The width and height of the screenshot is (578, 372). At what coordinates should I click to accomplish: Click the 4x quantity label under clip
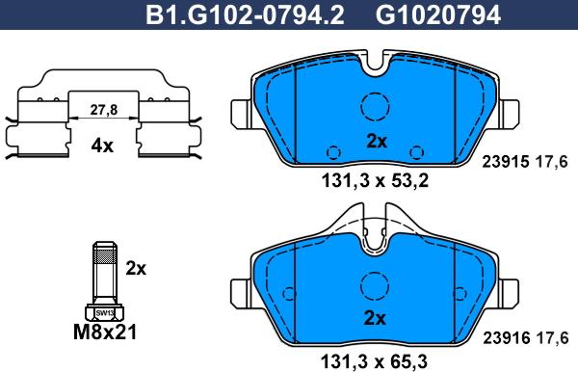[102, 146]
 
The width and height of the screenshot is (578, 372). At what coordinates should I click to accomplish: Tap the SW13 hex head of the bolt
[102, 312]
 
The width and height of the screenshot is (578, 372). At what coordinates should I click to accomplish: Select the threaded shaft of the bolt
[102, 275]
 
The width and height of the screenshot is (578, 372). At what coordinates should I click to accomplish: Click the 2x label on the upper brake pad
[376, 141]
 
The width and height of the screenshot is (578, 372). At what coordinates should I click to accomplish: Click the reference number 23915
[505, 163]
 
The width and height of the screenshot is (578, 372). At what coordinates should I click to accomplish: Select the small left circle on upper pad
[334, 151]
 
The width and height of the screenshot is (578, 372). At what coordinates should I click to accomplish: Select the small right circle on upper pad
[417, 151]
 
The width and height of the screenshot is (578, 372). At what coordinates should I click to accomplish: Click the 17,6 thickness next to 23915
[545, 163]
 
